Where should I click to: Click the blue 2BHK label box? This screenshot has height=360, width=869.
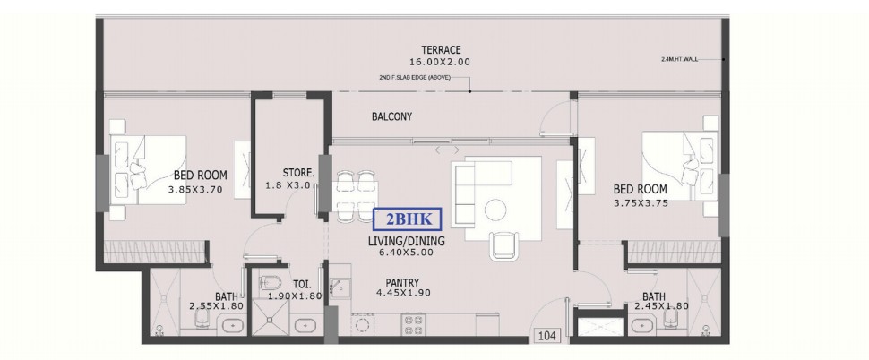408,219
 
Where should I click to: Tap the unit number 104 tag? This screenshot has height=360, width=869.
547,336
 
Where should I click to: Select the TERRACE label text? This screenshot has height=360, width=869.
441,50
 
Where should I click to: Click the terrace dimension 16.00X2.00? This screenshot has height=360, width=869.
440,62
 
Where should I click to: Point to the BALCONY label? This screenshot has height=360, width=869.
391,116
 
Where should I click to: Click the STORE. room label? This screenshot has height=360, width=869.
298,173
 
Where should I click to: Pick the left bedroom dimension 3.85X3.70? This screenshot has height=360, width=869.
195,190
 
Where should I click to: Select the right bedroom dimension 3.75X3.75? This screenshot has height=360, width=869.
641,203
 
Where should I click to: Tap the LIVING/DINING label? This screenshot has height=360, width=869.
406,242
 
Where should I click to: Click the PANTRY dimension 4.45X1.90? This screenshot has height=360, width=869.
403,293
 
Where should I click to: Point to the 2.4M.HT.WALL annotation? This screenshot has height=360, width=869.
679,59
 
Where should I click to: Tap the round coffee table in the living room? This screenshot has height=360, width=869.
495,210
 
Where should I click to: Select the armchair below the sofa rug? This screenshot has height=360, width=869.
503,246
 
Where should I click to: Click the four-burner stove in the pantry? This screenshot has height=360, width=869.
414,325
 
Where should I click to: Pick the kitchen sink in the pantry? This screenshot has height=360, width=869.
340,286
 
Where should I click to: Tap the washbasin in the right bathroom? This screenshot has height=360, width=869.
641,325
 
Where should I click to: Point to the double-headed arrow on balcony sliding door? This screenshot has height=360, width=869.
447,150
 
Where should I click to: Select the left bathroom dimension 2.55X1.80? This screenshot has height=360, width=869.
216,306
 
